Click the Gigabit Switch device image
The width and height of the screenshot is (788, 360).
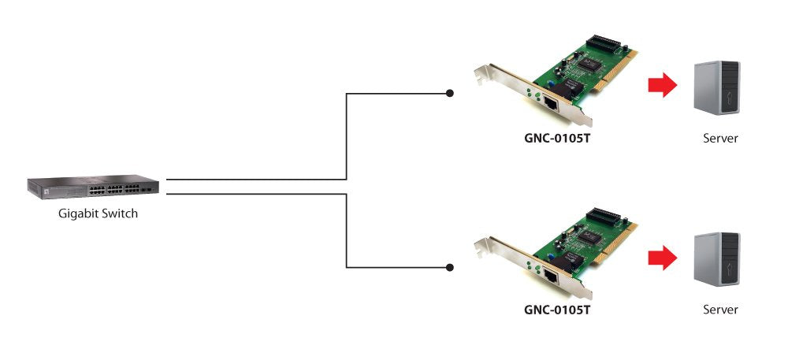pyautogui.click(x=93, y=186)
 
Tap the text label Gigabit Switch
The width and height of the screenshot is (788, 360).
pyautogui.click(x=98, y=213)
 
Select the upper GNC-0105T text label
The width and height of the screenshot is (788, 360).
pyautogui.click(x=557, y=139)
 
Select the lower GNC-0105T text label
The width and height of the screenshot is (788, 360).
pyautogui.click(x=557, y=310)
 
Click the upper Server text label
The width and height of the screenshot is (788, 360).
pyautogui.click(x=720, y=139)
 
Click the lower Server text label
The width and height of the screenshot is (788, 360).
pyautogui.click(x=720, y=310)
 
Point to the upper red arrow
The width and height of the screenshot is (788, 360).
pyautogui.click(x=662, y=84)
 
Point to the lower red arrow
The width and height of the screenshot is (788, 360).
pyautogui.click(x=662, y=257)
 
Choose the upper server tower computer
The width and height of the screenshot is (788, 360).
pyautogui.click(x=716, y=88)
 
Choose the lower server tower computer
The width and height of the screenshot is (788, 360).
pyautogui.click(x=716, y=259)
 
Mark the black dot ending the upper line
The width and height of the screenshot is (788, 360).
pyautogui.click(x=450, y=93)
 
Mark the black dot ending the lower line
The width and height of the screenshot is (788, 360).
pyautogui.click(x=450, y=268)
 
